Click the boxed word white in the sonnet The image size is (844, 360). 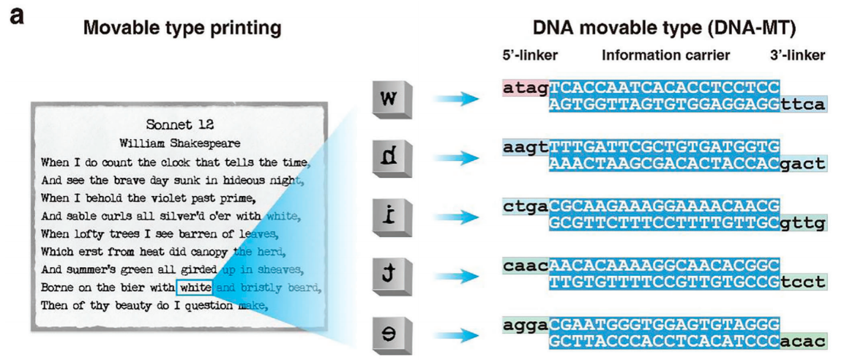pos(195,287)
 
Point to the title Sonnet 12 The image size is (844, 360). pos(180,125)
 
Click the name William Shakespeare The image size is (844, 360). pos(180,143)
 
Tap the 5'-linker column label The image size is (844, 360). pos(530,55)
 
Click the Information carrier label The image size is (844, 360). pos(665,55)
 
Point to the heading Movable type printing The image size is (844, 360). pos(182,29)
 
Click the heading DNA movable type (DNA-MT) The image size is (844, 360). pos(664,29)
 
